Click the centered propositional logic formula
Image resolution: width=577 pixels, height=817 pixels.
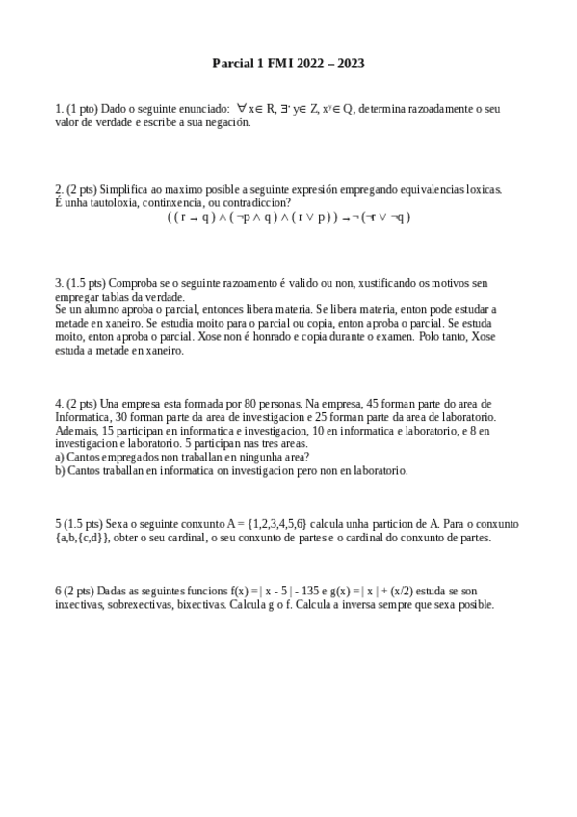[288, 217]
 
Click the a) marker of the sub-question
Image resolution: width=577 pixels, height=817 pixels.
[60, 458]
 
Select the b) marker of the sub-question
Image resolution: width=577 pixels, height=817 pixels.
[60, 471]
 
